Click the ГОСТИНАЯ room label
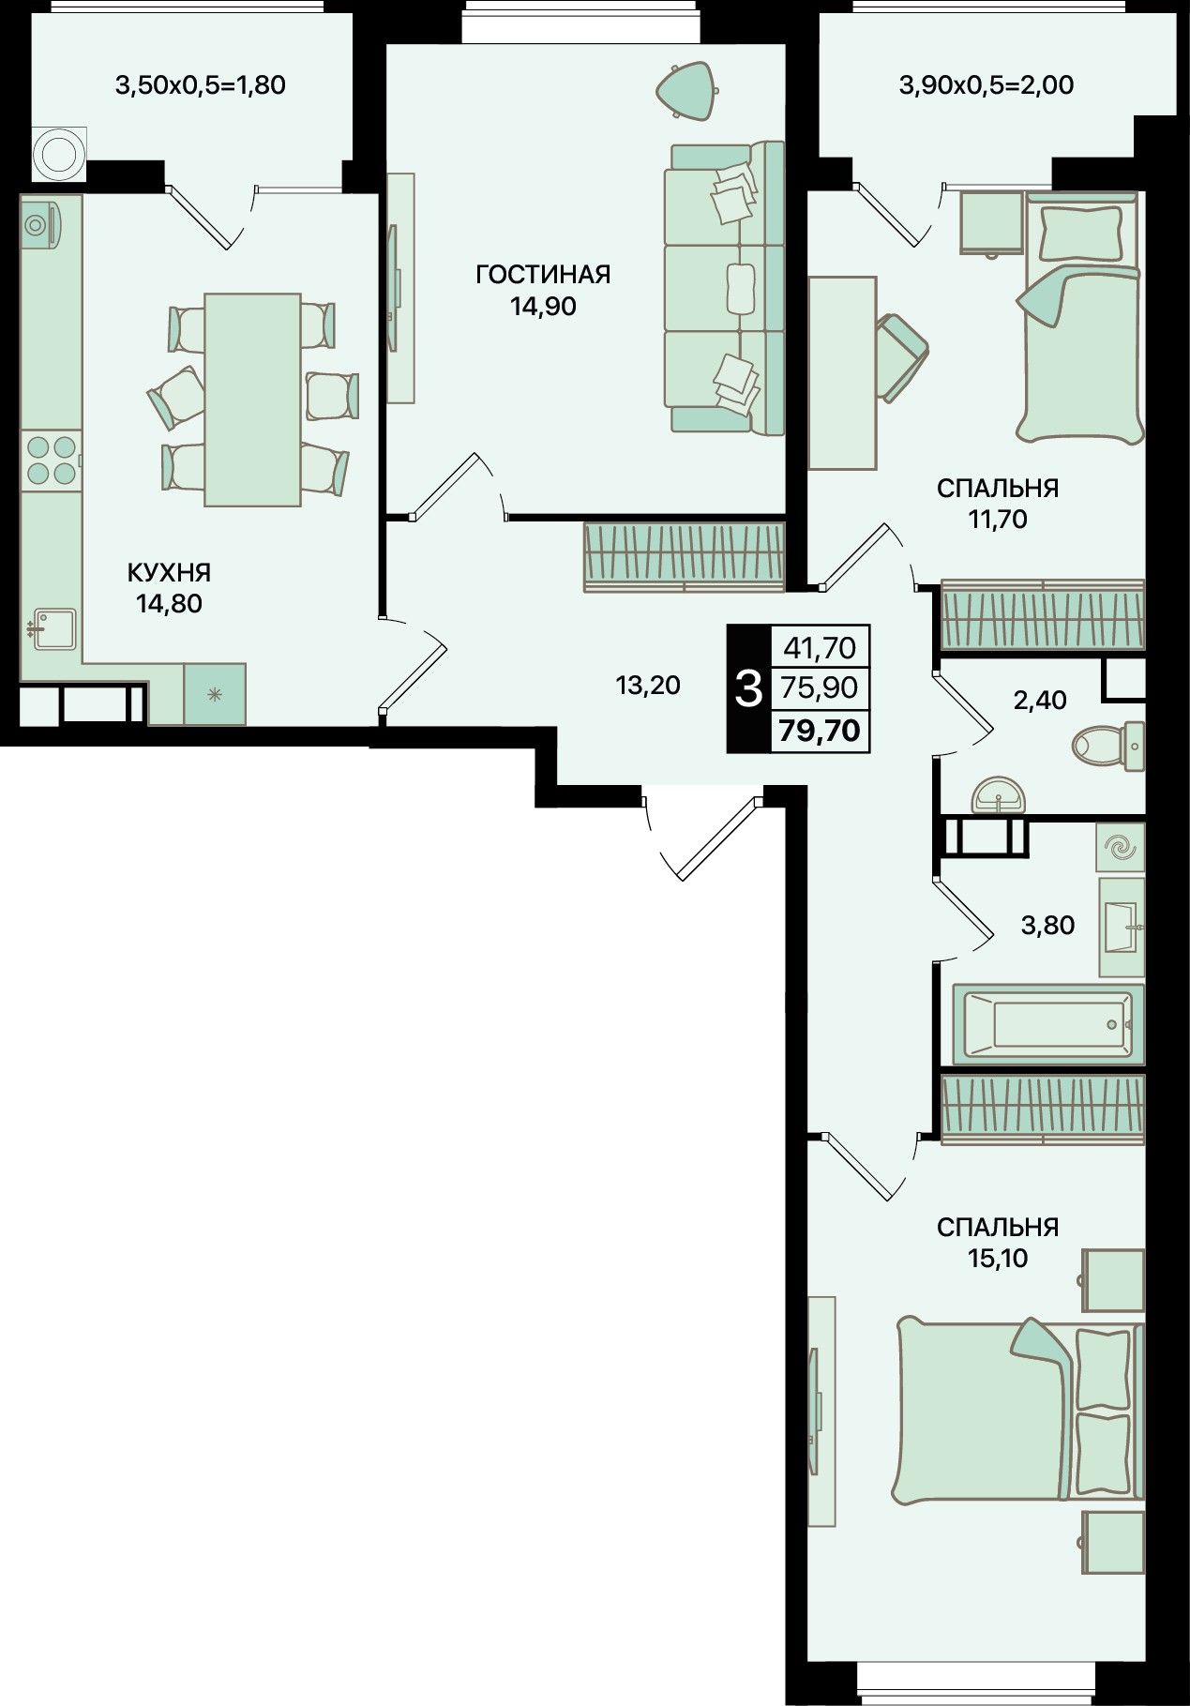click(x=543, y=275)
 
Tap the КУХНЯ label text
click(x=169, y=572)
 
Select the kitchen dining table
click(x=253, y=400)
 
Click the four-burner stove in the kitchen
click(x=51, y=460)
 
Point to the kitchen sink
click(x=52, y=628)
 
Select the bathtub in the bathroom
click(x=1048, y=1023)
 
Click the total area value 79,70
click(x=819, y=730)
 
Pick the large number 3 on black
click(x=748, y=689)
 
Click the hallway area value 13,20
click(x=647, y=686)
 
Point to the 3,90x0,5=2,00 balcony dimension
click(x=987, y=86)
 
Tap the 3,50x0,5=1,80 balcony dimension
click(x=200, y=86)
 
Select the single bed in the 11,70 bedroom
click(x=1081, y=316)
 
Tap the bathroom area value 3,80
click(x=1047, y=926)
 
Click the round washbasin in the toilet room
click(x=1001, y=795)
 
